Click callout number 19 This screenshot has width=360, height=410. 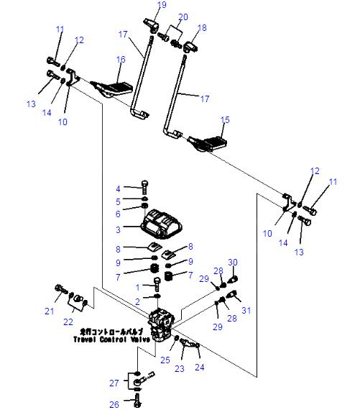(162, 5)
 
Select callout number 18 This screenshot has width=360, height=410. (202, 27)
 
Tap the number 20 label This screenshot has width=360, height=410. (183, 17)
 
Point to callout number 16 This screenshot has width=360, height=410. (121, 59)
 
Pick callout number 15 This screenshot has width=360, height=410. (225, 119)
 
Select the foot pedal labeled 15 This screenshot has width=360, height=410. (208, 142)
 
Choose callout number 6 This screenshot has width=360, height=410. (119, 214)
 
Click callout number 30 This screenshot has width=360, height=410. (232, 261)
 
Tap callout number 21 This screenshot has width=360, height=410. (49, 310)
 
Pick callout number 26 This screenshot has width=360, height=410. (114, 404)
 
